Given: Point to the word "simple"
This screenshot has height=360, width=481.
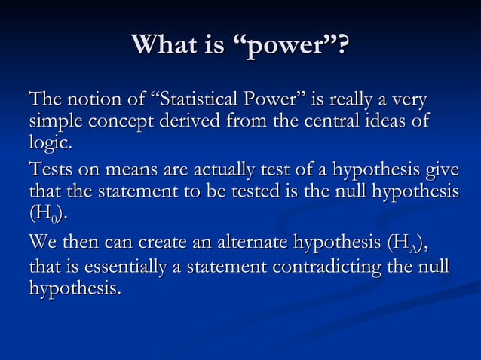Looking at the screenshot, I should [53, 121].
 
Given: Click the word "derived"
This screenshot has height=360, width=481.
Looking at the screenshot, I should [182, 121].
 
